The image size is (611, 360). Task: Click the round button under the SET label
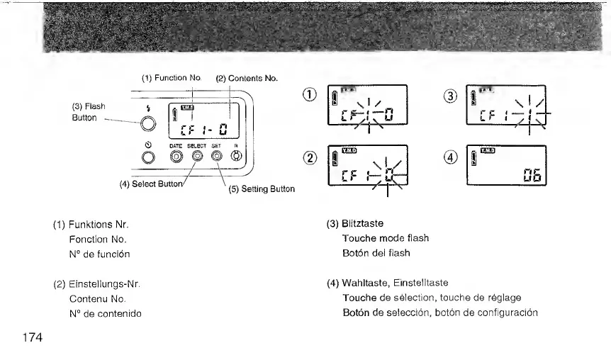(217, 156)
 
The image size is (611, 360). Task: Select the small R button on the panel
(237, 156)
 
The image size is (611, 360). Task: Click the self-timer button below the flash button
(147, 157)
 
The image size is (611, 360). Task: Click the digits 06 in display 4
(528, 174)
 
